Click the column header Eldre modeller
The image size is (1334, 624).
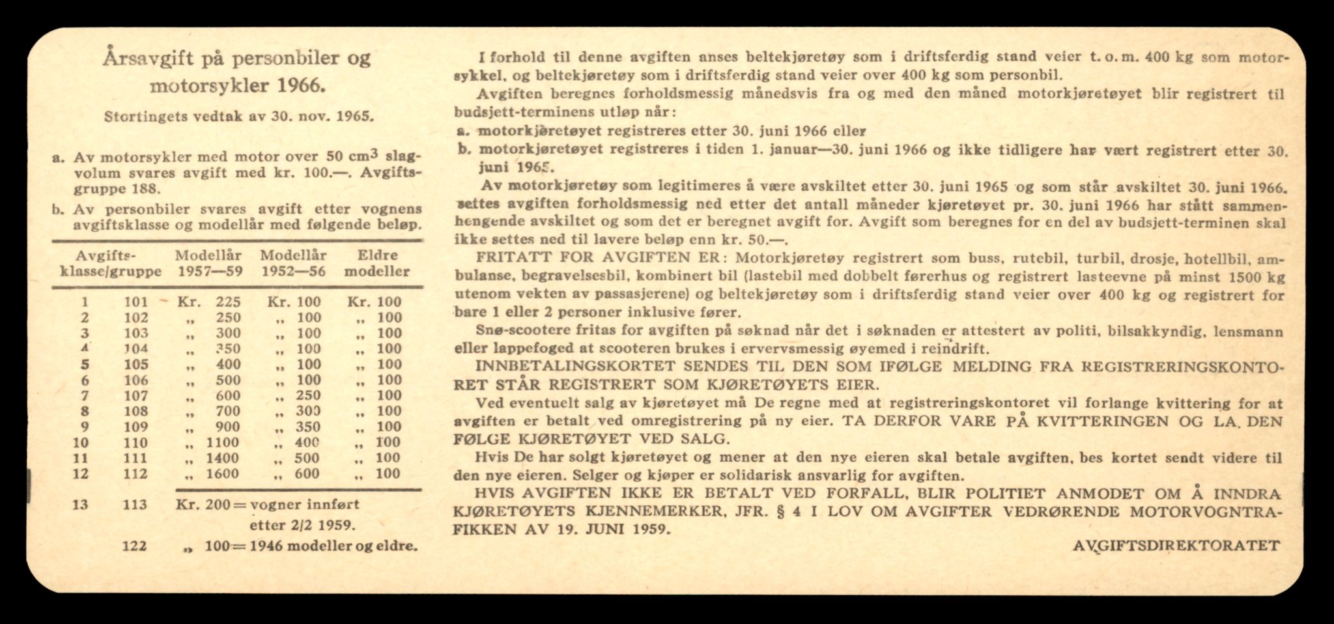377,263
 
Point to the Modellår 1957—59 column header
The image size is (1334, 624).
208,263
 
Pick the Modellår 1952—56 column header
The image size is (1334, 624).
293,263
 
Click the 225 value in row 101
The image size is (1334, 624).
228,302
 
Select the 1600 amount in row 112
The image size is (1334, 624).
221,474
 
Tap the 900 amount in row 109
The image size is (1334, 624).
228,427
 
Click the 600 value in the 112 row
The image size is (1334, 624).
307,474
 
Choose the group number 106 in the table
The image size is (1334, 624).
135,380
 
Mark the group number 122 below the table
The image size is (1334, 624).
135,546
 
